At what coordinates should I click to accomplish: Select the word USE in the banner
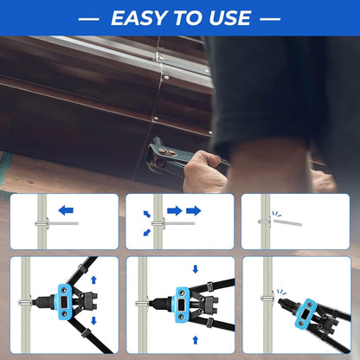tap(230, 18)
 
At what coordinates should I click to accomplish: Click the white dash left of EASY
tap(89, 19)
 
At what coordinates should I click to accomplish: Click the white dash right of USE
tap(270, 19)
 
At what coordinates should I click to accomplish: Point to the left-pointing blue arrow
tap(66, 210)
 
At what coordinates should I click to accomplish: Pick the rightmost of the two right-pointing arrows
tap(194, 210)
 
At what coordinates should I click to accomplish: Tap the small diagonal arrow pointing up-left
tap(147, 214)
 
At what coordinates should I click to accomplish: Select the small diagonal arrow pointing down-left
tap(147, 232)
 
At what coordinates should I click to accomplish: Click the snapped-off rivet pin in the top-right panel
tap(287, 222)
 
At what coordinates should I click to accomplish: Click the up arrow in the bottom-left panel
tap(93, 280)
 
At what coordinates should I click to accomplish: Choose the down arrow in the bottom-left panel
tap(93, 321)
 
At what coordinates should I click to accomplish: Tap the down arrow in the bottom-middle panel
tap(196, 269)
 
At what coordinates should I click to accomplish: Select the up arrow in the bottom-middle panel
tap(196, 340)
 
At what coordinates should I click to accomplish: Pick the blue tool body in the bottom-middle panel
tap(182, 305)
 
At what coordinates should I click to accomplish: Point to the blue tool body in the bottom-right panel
tap(304, 314)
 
